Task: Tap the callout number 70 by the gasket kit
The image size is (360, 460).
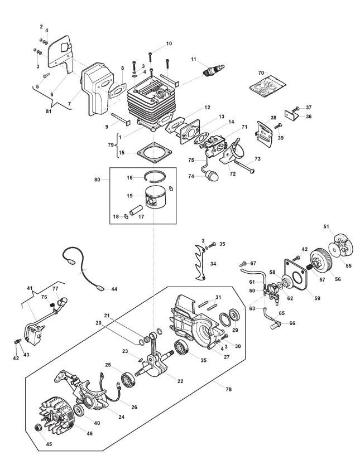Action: click(x=261, y=73)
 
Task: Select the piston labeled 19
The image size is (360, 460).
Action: click(x=156, y=197)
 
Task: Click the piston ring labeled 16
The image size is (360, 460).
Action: click(x=155, y=176)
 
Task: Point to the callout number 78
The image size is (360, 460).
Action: click(x=228, y=389)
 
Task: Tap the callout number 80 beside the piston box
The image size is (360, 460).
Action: click(x=97, y=180)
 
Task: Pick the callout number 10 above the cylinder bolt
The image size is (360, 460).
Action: click(x=169, y=43)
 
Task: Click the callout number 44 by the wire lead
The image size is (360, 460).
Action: click(x=114, y=289)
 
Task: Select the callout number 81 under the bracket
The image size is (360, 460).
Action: click(x=49, y=111)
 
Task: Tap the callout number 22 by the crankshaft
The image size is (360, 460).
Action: click(x=180, y=381)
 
